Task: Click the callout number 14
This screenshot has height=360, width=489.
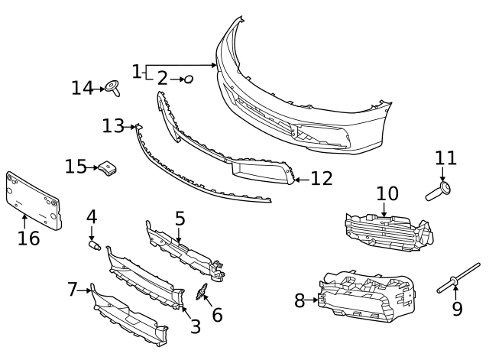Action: tap(83, 88)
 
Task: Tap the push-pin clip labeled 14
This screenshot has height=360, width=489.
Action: tap(112, 88)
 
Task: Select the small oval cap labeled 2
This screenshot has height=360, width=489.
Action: tap(189, 79)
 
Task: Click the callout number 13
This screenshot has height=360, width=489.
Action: tap(113, 126)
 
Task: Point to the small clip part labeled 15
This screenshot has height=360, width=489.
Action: tap(108, 168)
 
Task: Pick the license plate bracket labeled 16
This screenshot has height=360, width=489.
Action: tap(34, 200)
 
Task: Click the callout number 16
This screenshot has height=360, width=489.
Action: tap(29, 238)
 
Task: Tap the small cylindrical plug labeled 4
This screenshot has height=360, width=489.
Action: tap(95, 245)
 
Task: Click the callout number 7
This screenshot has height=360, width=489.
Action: tap(73, 289)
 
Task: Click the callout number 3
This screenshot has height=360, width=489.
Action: tap(196, 326)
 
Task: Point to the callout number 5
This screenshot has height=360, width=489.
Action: tap(180, 219)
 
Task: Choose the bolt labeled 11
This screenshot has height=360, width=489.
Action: tap(438, 192)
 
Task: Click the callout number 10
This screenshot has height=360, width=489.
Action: tap(387, 193)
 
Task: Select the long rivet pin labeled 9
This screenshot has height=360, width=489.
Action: tap(458, 278)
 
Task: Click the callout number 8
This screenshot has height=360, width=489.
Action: tap(300, 300)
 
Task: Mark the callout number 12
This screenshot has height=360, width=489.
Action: tap(322, 179)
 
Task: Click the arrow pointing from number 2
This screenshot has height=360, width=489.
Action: tap(177, 79)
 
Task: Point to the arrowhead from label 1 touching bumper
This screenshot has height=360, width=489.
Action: tap(214, 65)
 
